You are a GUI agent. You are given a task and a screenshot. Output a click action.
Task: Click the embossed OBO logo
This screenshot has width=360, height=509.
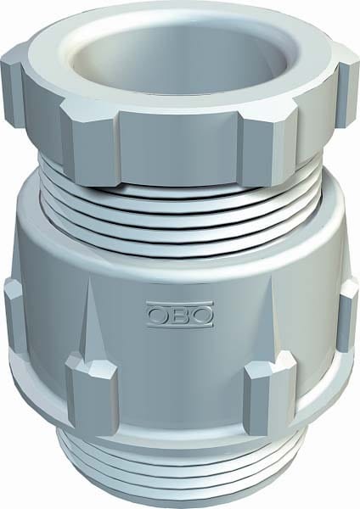[180, 314]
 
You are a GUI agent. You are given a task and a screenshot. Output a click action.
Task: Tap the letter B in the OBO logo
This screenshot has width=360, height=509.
[180, 314]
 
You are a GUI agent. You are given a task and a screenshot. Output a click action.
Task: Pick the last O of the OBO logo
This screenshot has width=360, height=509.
[201, 314]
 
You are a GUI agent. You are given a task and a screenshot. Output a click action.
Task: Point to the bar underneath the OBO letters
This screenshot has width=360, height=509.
[180, 324]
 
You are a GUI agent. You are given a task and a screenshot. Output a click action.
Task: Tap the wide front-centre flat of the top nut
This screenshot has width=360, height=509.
[181, 148]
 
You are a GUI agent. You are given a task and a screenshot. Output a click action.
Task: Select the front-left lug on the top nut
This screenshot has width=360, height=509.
[89, 143]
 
